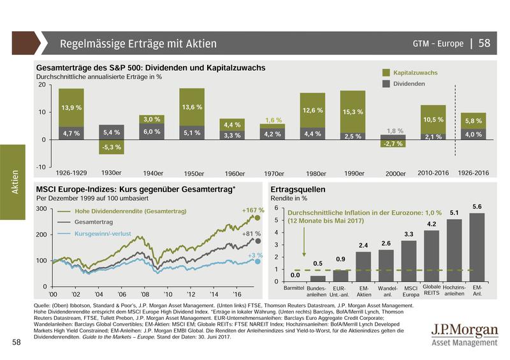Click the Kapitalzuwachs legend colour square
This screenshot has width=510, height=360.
tap(386, 73)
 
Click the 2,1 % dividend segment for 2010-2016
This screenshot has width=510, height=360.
tap(433, 136)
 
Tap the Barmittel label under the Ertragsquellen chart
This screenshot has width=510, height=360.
tap(295, 289)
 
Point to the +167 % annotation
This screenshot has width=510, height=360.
tap(252, 210)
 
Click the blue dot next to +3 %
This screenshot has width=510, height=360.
tap(259, 261)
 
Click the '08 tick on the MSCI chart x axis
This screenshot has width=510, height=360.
tap(145, 294)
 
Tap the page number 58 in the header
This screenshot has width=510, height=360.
tap(484, 43)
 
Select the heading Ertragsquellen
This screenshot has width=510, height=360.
tap(298, 189)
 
